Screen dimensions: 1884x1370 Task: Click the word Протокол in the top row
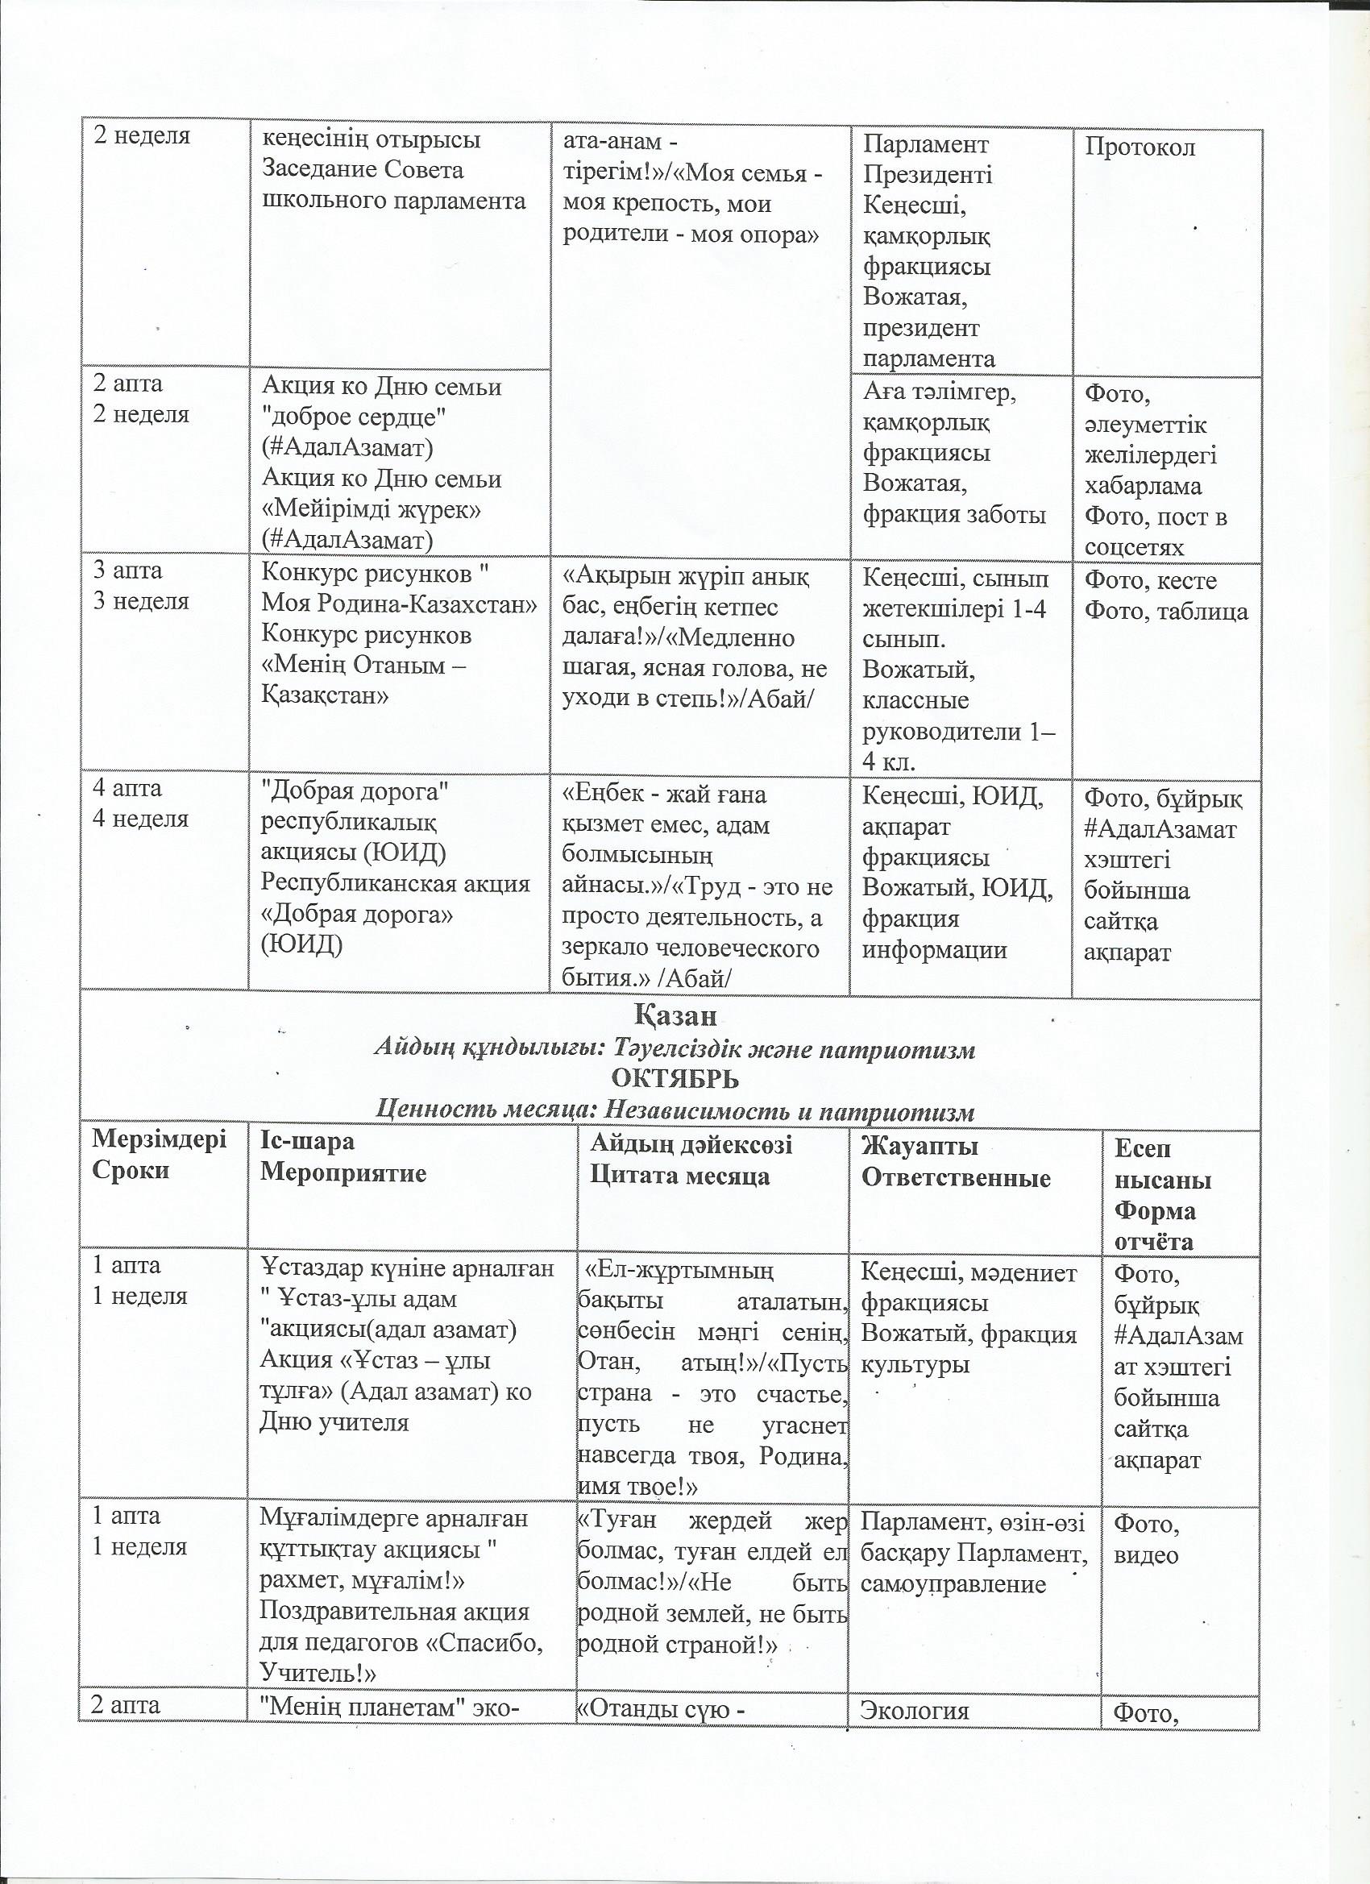[x=1140, y=147]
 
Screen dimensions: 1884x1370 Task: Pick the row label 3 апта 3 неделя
[x=139, y=586]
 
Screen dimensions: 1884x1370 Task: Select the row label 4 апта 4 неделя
[x=139, y=803]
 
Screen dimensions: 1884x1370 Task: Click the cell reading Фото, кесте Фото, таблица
[x=1166, y=596]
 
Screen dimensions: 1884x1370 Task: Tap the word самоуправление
[x=953, y=1584]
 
